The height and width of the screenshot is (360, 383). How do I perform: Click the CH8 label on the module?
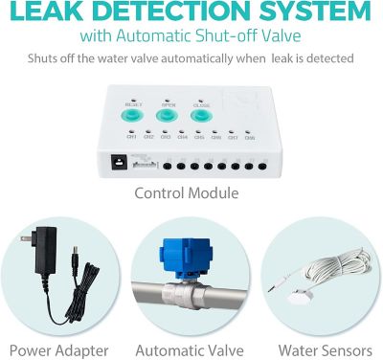coord(249,138)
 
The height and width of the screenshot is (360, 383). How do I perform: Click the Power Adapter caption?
coord(59,349)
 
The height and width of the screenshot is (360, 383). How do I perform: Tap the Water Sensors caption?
coord(317,349)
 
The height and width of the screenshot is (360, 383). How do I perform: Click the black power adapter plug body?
coord(43,244)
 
